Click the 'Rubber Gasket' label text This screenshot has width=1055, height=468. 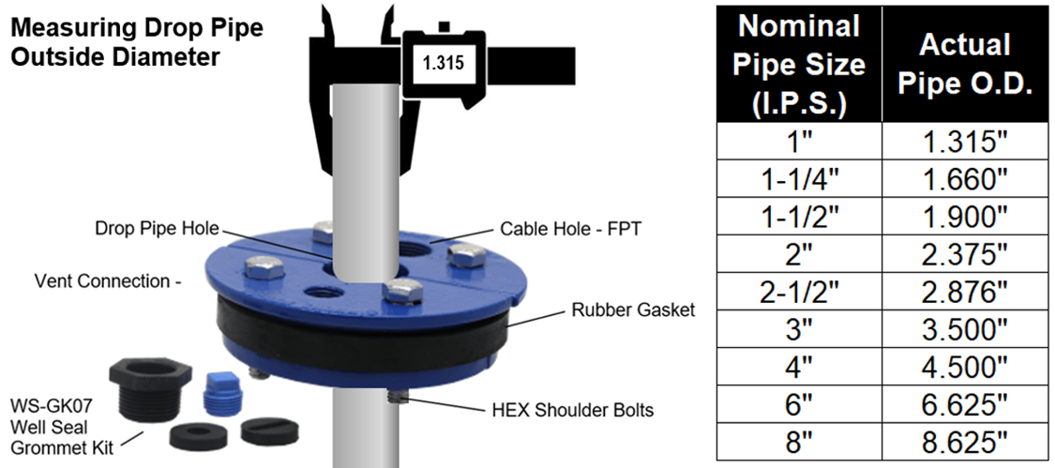(633, 309)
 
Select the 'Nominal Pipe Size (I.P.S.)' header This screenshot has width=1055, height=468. (798, 65)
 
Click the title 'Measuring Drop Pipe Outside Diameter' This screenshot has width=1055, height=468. (135, 42)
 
